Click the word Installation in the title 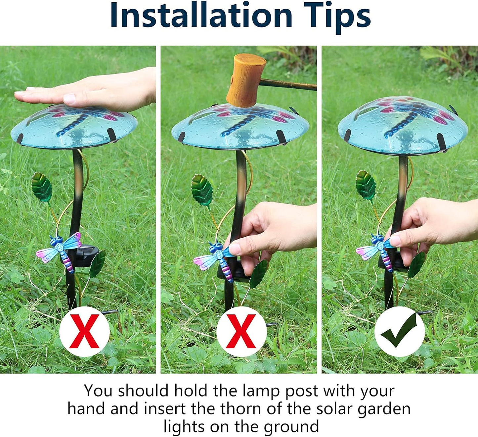[x=201, y=15]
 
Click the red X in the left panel [x=84, y=331]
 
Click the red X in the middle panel [x=241, y=331]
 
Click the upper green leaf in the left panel [x=42, y=187]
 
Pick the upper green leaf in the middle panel [x=202, y=190]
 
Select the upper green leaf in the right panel [x=366, y=185]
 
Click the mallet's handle [x=288, y=84]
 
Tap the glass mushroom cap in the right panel [x=403, y=125]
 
